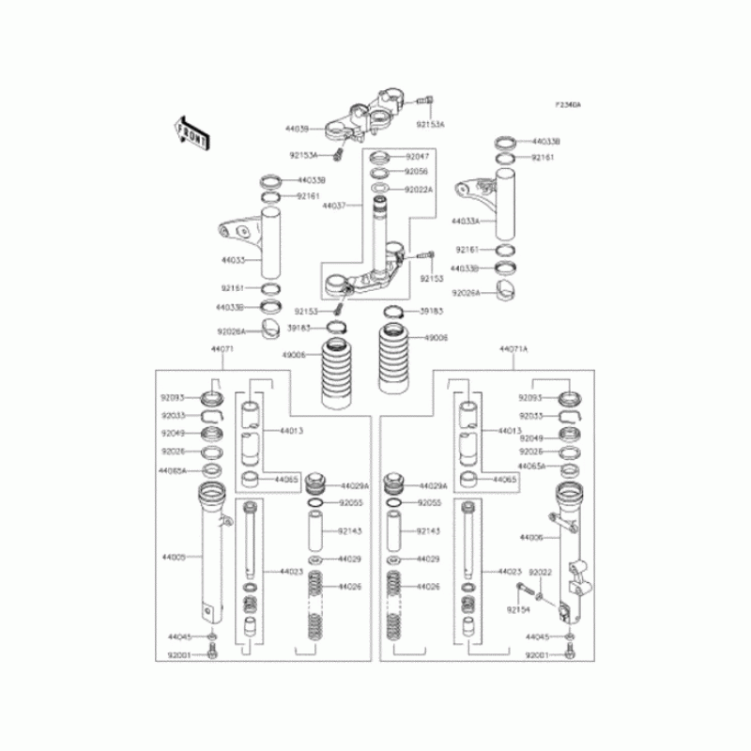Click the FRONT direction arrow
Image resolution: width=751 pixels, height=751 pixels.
(x=192, y=132)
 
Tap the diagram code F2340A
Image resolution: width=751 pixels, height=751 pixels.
(x=568, y=104)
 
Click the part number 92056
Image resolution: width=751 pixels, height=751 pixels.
(x=417, y=172)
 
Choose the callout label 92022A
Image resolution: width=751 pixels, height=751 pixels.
(x=419, y=189)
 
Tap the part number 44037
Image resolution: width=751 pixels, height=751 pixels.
(x=334, y=204)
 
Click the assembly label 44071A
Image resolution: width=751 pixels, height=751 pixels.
(x=514, y=348)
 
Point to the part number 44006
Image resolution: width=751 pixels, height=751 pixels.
(x=532, y=538)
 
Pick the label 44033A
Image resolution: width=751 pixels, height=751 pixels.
(x=466, y=222)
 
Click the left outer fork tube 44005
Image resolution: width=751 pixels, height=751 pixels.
(x=215, y=554)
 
